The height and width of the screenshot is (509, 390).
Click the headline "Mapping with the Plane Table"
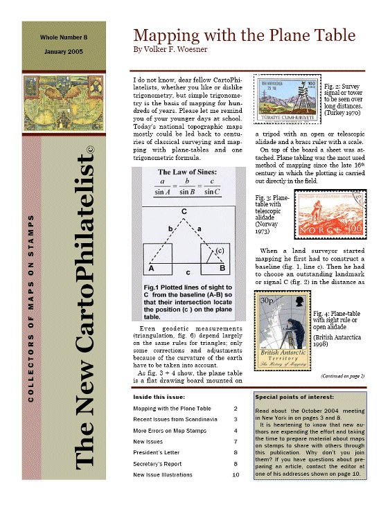pos(244,35)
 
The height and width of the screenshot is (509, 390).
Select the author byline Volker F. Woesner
pos(170,50)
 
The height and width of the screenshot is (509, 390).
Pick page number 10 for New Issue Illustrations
pos(236,474)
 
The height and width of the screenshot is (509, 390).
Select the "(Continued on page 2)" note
pos(342,375)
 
